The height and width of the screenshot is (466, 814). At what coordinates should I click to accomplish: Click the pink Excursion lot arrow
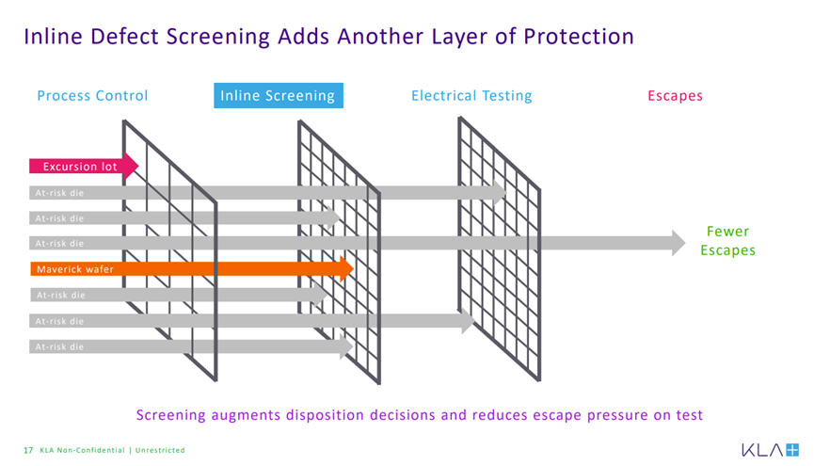[83, 167]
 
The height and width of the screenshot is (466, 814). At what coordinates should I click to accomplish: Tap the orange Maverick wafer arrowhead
[347, 268]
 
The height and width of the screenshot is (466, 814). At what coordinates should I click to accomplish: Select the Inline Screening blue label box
[279, 96]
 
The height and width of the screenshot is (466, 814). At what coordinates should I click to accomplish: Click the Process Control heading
[92, 96]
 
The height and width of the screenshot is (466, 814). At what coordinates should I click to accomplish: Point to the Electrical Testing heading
[471, 96]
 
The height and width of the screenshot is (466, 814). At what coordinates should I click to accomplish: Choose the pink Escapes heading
[675, 96]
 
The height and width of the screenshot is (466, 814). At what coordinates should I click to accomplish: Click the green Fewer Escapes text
[727, 241]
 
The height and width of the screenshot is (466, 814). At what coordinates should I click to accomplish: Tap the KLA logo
[770, 450]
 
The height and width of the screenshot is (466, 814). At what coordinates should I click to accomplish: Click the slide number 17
[28, 450]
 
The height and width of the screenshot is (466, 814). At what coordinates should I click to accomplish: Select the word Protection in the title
[579, 37]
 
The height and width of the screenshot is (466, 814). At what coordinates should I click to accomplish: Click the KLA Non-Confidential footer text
[83, 450]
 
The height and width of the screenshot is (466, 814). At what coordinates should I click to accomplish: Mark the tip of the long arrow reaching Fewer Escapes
[685, 243]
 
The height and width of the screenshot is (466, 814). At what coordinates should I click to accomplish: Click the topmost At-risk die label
[59, 193]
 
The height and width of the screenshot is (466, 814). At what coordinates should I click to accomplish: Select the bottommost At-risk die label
[59, 346]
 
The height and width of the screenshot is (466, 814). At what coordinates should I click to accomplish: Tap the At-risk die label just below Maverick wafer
[60, 295]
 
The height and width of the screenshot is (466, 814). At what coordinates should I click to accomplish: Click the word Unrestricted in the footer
[160, 450]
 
